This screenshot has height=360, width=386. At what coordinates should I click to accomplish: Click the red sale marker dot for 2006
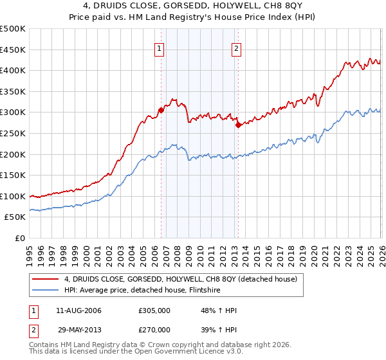[161, 110]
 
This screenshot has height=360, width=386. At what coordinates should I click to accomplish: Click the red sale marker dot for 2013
[238, 125]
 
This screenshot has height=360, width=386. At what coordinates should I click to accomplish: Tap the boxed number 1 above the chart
[159, 48]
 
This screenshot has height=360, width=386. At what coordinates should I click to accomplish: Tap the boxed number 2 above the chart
[236, 48]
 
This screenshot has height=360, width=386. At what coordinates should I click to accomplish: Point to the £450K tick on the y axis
[13, 50]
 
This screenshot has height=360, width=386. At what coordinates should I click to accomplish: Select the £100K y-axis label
[13, 197]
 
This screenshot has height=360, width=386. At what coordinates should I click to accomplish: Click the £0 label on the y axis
[21, 239]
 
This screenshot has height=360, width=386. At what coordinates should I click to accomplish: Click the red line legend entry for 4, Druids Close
[180, 279]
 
